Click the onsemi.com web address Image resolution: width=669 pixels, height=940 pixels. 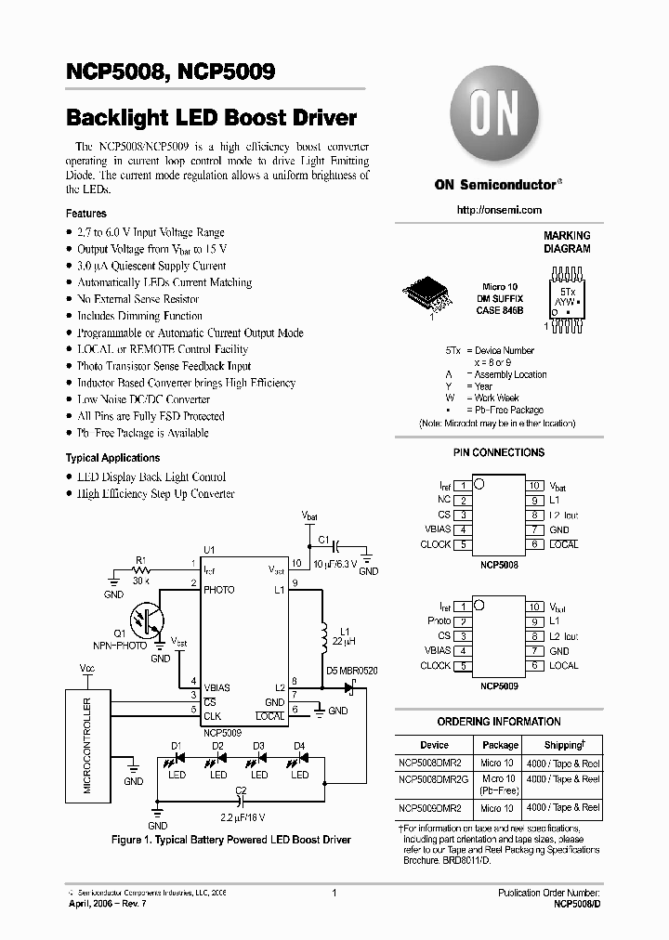tap(499, 211)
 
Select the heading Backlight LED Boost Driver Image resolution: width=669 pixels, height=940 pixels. tap(212, 118)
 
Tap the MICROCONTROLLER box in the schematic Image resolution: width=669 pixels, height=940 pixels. tap(88, 746)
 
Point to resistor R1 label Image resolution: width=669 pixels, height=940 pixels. tap(140, 560)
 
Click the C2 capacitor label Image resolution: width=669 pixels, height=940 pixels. tap(240, 790)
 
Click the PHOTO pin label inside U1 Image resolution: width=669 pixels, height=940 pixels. tap(219, 590)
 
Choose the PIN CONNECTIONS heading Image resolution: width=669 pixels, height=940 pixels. tap(499, 452)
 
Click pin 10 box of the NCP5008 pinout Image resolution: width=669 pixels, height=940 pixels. tap(534, 486)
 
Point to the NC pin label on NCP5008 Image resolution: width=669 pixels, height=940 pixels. tap(444, 500)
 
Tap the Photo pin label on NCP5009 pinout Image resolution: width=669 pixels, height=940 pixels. tap(439, 620)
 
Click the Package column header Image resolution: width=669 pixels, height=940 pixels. tap(500, 745)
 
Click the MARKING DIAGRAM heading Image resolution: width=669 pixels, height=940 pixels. tap(567, 242)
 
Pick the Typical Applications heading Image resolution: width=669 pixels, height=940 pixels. tap(112, 458)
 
